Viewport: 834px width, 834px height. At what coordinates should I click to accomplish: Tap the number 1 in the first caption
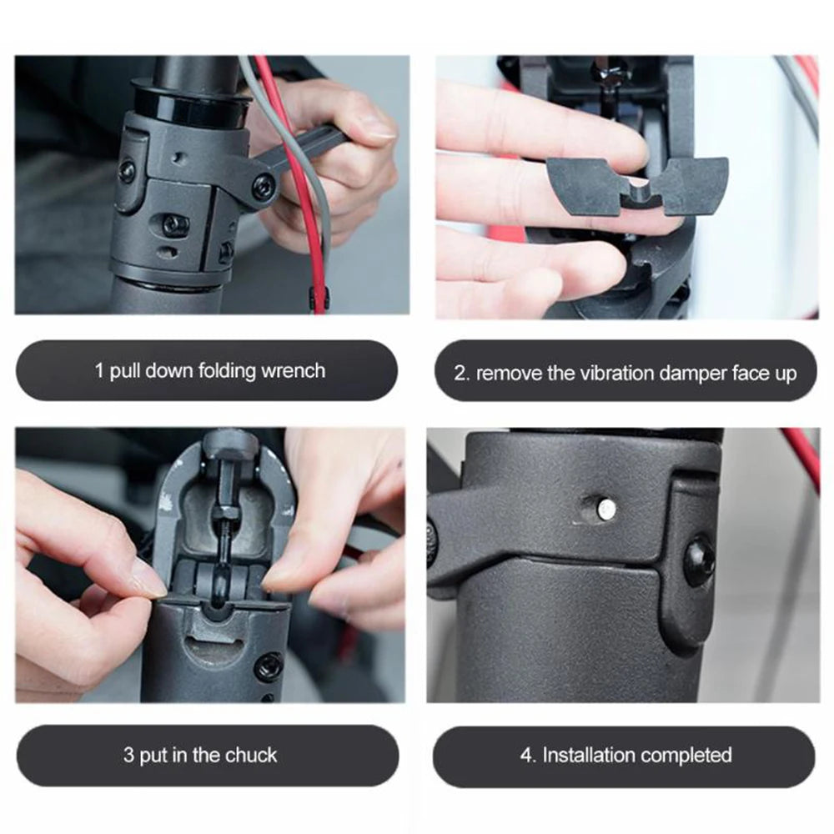click(99, 371)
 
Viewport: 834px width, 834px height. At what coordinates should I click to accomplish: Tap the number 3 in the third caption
click(128, 756)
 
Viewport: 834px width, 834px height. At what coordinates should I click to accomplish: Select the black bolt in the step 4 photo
click(699, 561)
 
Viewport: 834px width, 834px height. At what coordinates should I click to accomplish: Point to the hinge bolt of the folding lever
click(264, 186)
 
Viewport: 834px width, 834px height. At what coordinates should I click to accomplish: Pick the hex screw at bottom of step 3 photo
click(269, 666)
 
